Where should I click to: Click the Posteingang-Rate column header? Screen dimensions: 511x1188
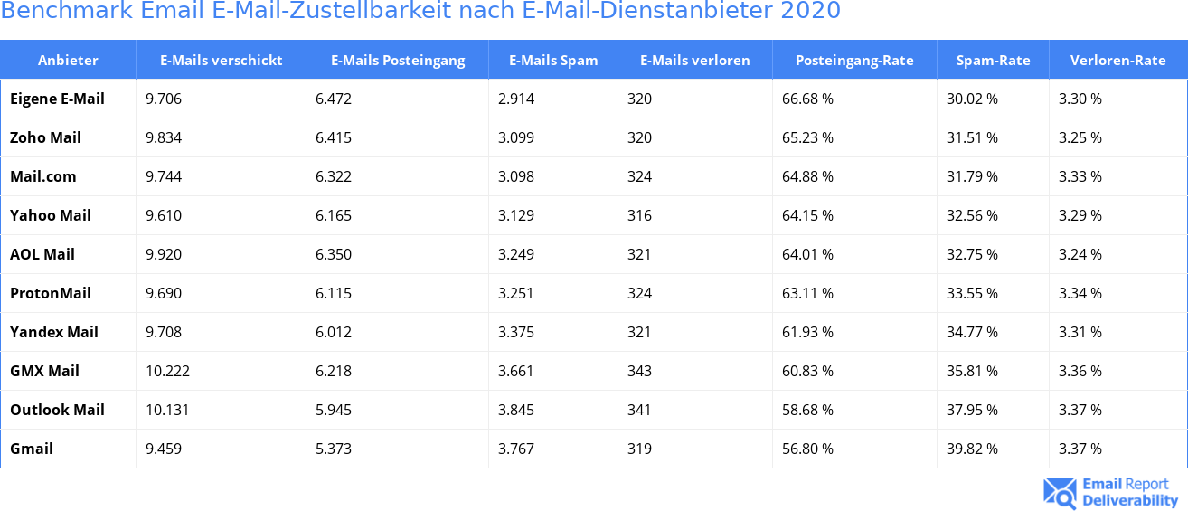[854, 61]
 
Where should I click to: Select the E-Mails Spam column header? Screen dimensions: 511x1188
[553, 61]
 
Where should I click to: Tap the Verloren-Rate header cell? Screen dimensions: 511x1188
[1117, 61]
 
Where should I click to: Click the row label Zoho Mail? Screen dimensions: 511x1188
[45, 137]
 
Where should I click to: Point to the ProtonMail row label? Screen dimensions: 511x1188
[51, 293]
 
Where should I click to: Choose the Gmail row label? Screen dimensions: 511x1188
[32, 449]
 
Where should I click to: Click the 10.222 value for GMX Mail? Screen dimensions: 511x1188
[167, 371]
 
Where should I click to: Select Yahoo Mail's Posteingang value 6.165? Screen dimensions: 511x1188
[334, 215]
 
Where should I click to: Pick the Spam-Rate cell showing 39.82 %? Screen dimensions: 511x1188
[972, 449]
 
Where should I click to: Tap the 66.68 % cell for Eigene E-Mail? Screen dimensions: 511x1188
[807, 99]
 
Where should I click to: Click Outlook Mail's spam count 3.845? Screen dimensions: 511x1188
[516, 410]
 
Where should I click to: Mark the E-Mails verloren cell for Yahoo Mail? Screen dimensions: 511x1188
[639, 215]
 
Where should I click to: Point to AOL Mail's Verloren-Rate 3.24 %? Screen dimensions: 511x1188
[1080, 254]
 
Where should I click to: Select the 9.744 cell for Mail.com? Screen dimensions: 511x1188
[164, 176]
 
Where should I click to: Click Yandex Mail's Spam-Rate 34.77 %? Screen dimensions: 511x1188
[972, 332]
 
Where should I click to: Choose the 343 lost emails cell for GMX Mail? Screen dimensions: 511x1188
[639, 371]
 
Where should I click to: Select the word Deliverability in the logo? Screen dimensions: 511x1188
[1130, 500]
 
